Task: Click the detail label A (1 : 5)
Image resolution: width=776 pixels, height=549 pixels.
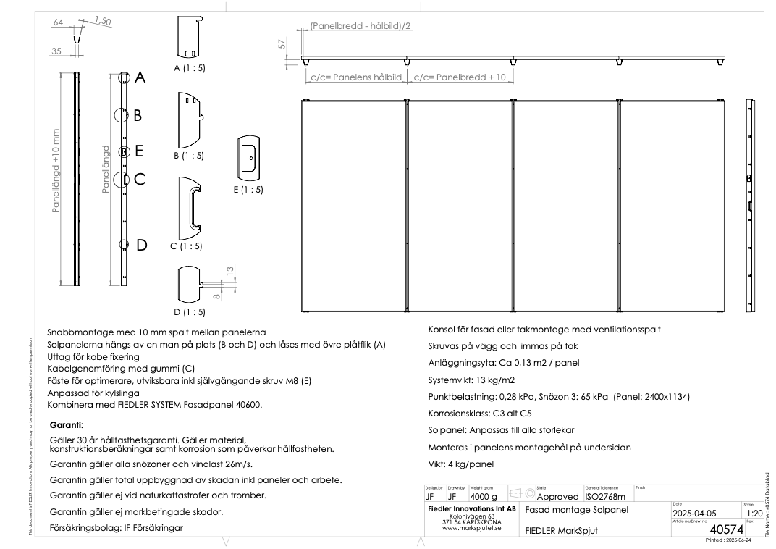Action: point(188,68)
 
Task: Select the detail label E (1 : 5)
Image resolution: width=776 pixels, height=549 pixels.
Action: point(250,190)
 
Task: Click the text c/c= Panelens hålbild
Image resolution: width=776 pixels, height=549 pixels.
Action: point(355,77)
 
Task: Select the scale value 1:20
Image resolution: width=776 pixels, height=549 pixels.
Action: point(752,514)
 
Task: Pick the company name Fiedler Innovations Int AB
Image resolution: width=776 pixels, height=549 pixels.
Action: point(471,509)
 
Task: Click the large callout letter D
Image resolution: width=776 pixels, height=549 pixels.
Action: point(142,245)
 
